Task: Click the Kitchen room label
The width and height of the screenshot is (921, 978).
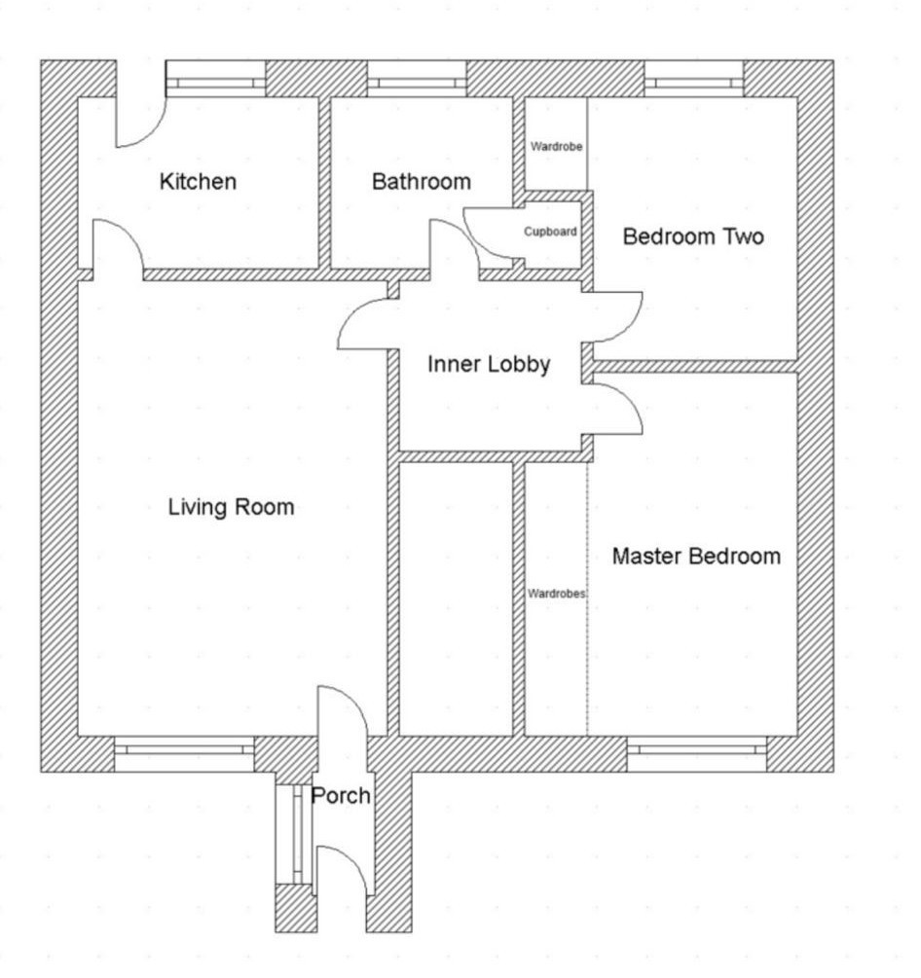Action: click(198, 182)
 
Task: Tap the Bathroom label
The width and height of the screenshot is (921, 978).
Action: click(422, 182)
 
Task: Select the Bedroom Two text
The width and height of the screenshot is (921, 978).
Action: click(693, 236)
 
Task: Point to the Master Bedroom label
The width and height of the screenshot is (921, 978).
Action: click(696, 556)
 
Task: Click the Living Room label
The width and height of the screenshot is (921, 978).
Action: click(231, 506)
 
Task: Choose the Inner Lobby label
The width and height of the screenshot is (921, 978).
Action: click(489, 364)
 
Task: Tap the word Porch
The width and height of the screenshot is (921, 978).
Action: click(341, 796)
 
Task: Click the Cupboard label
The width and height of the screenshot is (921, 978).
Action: click(550, 232)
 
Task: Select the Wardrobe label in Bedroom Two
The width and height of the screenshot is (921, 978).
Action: click(557, 147)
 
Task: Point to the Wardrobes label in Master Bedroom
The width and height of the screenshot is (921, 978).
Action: click(557, 594)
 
